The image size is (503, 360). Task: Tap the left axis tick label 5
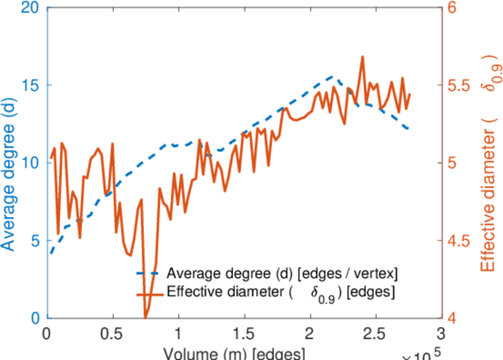35,240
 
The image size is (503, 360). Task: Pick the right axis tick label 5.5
459,85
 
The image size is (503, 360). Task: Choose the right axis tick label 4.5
459,240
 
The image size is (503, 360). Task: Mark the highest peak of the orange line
363,57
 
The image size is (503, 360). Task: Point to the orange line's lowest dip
145,317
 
